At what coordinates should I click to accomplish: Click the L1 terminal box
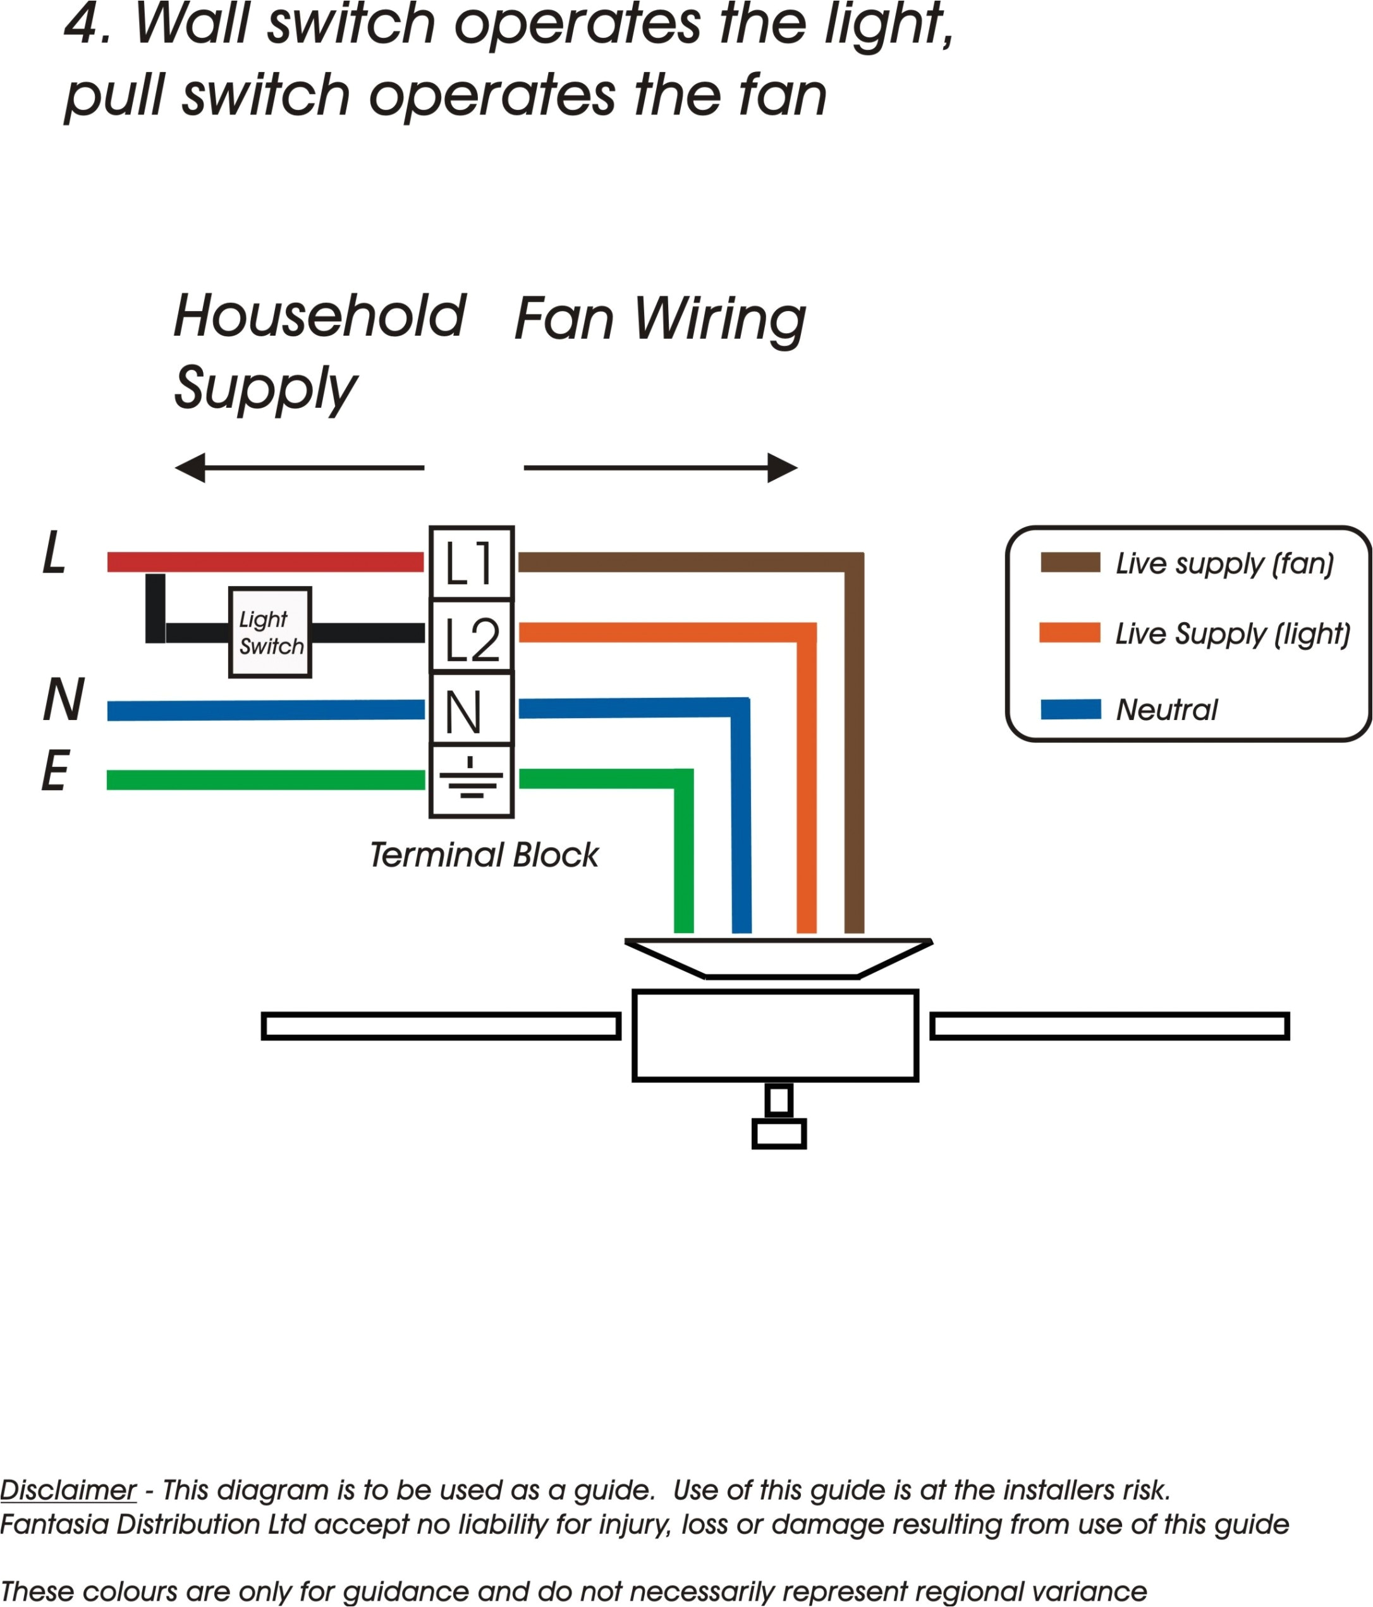tap(472, 564)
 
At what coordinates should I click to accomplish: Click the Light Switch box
tap(270, 633)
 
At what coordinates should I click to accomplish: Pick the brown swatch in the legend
tap(1070, 562)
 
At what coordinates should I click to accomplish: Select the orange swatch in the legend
tap(1070, 633)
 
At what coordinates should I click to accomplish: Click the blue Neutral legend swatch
tap(1070, 709)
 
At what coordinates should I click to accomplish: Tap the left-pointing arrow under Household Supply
tap(298, 468)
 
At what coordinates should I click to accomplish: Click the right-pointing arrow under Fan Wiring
tap(660, 468)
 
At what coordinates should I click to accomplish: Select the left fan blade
tap(441, 1026)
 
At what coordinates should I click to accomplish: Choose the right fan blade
tap(1110, 1026)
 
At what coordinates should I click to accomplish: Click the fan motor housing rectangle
tap(775, 1036)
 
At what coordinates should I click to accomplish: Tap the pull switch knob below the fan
tap(779, 1133)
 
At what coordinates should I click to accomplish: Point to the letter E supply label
tap(55, 772)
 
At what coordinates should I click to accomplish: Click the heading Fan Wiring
tap(660, 319)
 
